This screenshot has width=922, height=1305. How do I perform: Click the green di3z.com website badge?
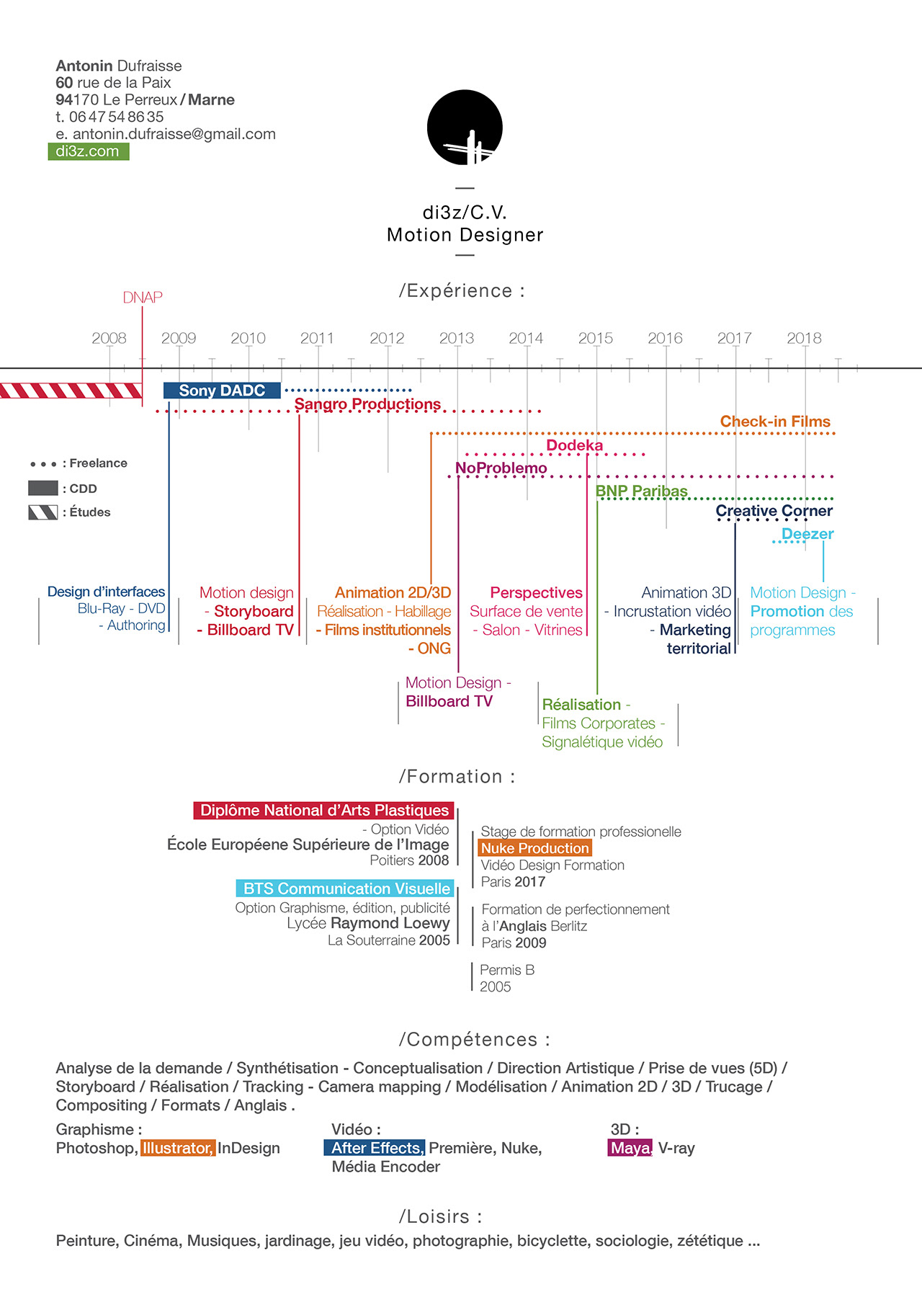point(89,151)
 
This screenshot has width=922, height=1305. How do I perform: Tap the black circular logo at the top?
point(465,128)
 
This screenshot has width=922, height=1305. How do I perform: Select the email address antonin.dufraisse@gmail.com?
point(174,134)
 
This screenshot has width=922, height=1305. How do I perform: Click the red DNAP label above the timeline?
point(143,298)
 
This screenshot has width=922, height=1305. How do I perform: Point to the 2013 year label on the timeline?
point(457,338)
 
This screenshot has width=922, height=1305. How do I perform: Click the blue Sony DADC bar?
point(222,391)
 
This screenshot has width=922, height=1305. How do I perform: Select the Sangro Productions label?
point(367,404)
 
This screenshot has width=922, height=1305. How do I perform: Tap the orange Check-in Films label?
point(775,422)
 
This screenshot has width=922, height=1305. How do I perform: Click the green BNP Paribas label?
point(641,491)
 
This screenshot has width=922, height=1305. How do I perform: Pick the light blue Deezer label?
point(807,534)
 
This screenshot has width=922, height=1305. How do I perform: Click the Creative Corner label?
point(774,511)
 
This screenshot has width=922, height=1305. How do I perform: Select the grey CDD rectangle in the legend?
point(43,488)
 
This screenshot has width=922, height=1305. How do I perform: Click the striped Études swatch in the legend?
point(43,512)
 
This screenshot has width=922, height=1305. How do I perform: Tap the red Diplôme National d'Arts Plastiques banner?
point(324,811)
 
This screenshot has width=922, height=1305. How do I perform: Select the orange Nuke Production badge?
point(534,848)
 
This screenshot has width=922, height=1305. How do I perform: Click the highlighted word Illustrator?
point(178,1148)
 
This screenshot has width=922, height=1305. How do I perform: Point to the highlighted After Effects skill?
point(375,1148)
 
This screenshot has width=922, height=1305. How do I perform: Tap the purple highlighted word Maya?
point(631,1148)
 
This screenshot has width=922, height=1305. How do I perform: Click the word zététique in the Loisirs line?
point(710,1241)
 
